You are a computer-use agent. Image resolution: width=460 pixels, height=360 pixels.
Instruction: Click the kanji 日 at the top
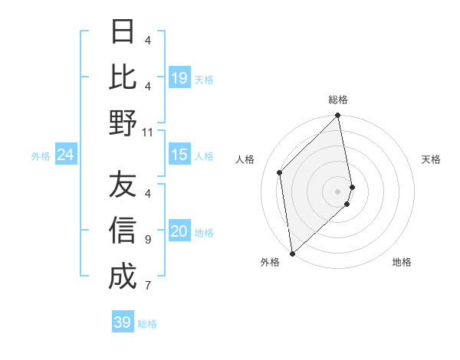123,32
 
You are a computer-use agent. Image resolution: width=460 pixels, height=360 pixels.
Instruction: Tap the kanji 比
123,77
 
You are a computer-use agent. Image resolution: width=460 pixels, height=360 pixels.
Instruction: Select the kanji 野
123,123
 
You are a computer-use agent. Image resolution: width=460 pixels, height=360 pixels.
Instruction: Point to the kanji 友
123,185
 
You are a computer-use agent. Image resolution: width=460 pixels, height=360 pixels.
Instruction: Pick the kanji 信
123,230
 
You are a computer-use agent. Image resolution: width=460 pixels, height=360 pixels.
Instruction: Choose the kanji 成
123,276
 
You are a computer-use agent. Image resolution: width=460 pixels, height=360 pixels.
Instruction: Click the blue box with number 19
179,78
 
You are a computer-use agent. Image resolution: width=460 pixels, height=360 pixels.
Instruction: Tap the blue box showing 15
179,155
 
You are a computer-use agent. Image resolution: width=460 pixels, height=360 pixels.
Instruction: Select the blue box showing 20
179,232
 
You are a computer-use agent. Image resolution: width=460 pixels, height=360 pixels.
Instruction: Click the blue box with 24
65,155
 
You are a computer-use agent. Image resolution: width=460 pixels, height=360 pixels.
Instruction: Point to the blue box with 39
123,322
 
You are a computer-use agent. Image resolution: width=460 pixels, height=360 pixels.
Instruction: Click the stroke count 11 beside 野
148,132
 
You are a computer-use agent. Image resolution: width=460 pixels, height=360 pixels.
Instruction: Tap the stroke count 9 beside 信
148,239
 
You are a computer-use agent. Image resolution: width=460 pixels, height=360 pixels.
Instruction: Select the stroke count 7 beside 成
148,286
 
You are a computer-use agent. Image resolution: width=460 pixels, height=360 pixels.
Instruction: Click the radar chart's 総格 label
338,100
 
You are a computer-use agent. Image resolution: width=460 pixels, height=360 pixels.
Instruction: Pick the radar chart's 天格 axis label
432,159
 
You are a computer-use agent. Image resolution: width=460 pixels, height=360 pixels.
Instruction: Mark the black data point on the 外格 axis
292,254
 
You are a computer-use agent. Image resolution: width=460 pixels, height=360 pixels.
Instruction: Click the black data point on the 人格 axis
280,172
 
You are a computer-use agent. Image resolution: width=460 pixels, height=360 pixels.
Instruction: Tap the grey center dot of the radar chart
338,191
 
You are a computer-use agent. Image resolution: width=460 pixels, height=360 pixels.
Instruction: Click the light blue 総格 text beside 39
147,324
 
